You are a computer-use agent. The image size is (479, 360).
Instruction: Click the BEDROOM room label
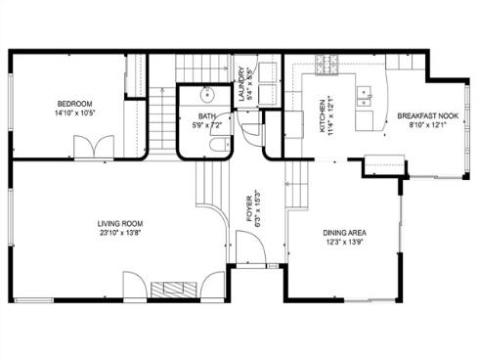(x=74, y=103)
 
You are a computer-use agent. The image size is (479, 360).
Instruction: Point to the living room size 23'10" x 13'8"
(x=120, y=234)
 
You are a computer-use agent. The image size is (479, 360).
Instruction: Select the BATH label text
(x=194, y=116)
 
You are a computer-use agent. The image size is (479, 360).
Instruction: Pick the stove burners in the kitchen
(x=326, y=66)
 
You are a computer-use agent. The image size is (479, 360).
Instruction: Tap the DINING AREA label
(x=345, y=233)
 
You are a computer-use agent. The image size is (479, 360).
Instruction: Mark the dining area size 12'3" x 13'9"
(x=345, y=244)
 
